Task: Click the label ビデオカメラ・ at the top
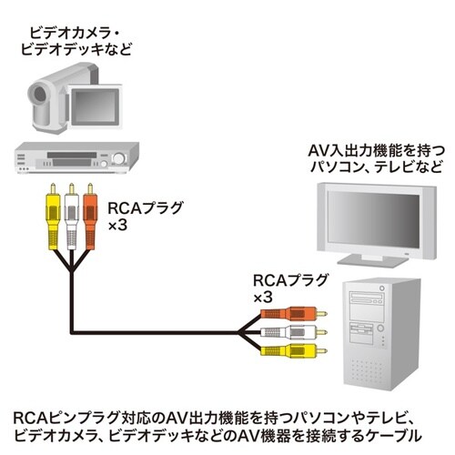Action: (76, 29)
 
